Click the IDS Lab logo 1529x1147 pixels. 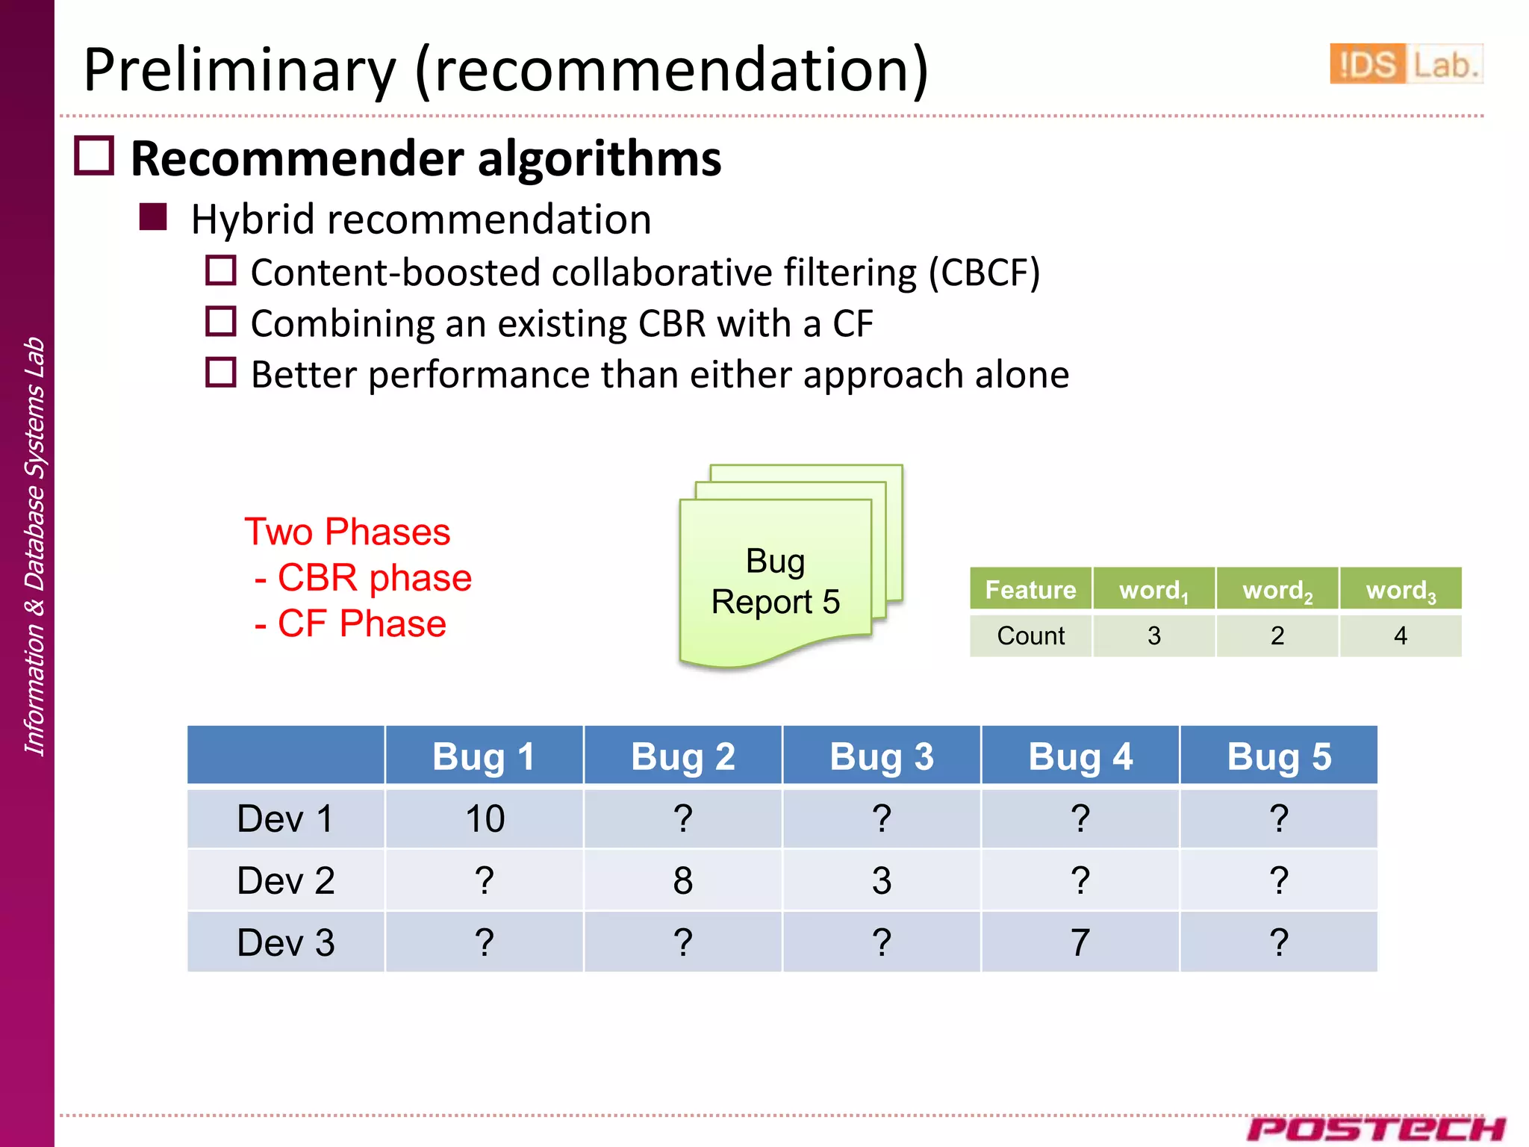point(1405,64)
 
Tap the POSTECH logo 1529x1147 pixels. point(1375,1128)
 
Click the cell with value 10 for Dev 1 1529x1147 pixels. point(485,819)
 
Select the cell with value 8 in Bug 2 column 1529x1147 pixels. point(682,881)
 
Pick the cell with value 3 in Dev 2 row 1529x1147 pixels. point(881,881)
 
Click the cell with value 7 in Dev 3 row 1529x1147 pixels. point(1080,943)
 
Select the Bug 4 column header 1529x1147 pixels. point(1080,756)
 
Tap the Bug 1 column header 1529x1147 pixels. point(485,756)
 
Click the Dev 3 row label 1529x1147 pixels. point(285,943)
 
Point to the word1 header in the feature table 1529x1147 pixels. point(1153,591)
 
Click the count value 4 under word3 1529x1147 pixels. point(1400,636)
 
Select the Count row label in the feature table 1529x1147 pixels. point(1030,636)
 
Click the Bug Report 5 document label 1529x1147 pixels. point(776,582)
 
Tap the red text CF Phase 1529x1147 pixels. point(361,624)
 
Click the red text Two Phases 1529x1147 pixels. point(347,532)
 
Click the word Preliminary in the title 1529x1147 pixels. point(239,70)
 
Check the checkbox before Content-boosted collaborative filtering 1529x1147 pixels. point(221,270)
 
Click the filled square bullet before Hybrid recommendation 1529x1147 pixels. point(153,217)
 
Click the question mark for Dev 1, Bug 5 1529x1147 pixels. point(1278,819)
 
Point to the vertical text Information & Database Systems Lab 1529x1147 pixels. point(34,545)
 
